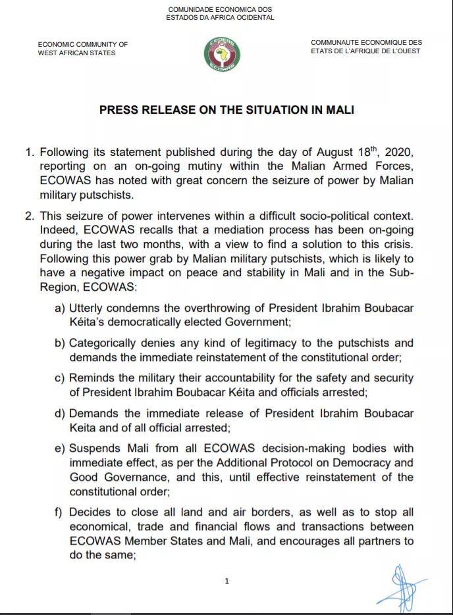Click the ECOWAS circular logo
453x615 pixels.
[x=221, y=53]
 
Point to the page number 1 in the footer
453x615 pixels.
[x=226, y=581]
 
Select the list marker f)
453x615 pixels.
[x=59, y=512]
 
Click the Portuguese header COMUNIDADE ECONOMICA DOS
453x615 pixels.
[x=220, y=9]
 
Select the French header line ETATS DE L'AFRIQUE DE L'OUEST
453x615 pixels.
[x=366, y=51]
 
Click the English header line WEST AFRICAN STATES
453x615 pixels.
[x=76, y=53]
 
